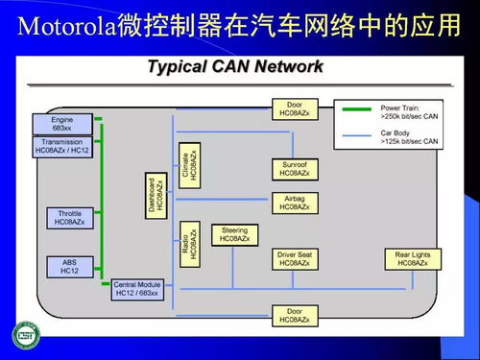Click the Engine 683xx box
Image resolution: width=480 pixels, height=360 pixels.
tap(62, 124)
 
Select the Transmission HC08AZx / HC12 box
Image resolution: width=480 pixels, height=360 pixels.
tap(62, 146)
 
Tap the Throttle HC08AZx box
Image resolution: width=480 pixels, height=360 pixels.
tap(69, 218)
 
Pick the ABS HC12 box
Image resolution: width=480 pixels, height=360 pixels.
tap(69, 265)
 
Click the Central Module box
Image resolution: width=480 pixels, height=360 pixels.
tap(137, 287)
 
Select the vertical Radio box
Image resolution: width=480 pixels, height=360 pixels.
tap(189, 243)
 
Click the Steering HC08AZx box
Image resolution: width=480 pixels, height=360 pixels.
tap(234, 234)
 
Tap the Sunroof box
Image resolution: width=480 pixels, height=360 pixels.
tap(295, 169)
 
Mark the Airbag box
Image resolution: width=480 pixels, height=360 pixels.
tap(295, 203)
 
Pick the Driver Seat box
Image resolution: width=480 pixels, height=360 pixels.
tap(295, 258)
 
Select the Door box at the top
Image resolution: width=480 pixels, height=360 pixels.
tap(295, 108)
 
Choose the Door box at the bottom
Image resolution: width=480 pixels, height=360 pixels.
tap(295, 315)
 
